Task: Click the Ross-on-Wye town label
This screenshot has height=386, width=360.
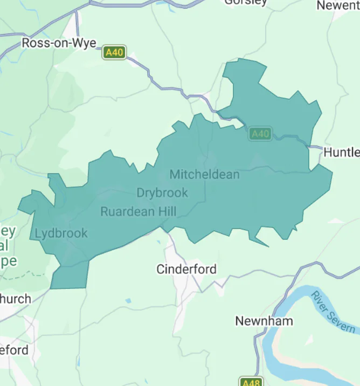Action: [x=59, y=43]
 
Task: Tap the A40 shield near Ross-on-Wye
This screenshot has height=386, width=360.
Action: [x=115, y=52]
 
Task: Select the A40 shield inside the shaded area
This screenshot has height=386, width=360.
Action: [x=260, y=134]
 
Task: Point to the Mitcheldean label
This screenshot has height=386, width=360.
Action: [x=204, y=174]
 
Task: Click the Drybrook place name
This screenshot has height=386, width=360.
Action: [x=162, y=192]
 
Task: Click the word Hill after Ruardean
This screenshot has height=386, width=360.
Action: [x=163, y=212]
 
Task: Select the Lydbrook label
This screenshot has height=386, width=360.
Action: [x=61, y=233]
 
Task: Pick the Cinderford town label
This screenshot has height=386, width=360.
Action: [x=186, y=269]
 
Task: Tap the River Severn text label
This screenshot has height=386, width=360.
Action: [x=334, y=312]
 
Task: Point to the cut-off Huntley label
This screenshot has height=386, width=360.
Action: [x=341, y=153]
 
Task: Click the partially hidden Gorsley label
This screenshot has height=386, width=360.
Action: [x=246, y=2]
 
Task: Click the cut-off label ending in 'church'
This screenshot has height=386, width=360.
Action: [x=16, y=299]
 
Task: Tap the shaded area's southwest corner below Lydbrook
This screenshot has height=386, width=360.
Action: [x=52, y=287]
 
